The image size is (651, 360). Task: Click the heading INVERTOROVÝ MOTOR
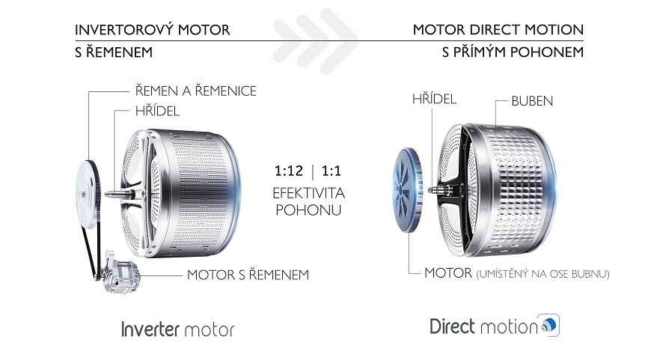click(153, 29)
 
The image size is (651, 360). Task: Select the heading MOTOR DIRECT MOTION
click(498, 29)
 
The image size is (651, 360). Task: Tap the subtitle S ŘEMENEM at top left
click(114, 52)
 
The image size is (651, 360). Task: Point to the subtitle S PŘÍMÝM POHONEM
click(513, 52)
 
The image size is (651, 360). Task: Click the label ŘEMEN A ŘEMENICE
click(196, 91)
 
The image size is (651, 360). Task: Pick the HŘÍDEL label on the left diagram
click(157, 112)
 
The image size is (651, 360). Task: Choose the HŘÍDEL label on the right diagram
click(434, 99)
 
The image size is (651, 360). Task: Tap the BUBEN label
click(532, 101)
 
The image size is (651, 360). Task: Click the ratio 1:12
click(289, 171)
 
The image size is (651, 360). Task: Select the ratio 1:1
click(331, 171)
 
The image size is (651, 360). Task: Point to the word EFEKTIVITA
click(309, 193)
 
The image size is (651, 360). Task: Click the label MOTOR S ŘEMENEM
click(248, 275)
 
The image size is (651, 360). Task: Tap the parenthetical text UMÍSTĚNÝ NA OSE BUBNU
click(543, 274)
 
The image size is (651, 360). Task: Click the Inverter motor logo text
click(178, 329)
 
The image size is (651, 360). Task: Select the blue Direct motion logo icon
click(549, 325)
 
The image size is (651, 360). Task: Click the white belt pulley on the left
click(87, 195)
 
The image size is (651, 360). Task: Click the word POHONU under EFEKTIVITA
click(308, 210)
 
